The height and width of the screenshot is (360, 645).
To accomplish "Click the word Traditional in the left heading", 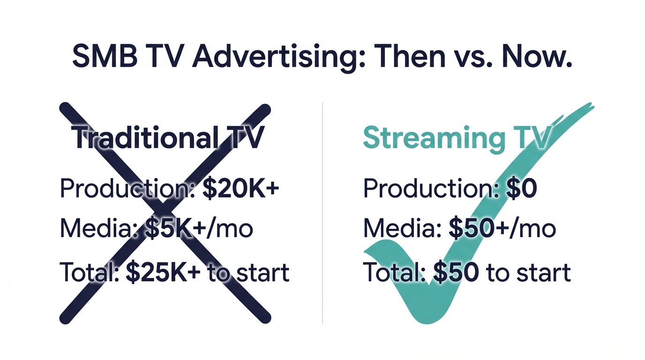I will (145, 138).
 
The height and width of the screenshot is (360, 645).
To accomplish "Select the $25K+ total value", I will (164, 272).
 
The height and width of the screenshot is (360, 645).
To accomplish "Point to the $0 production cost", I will (522, 188).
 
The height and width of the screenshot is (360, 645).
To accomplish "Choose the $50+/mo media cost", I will (502, 228).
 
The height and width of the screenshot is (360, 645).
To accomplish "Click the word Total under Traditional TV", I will (89, 272).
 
